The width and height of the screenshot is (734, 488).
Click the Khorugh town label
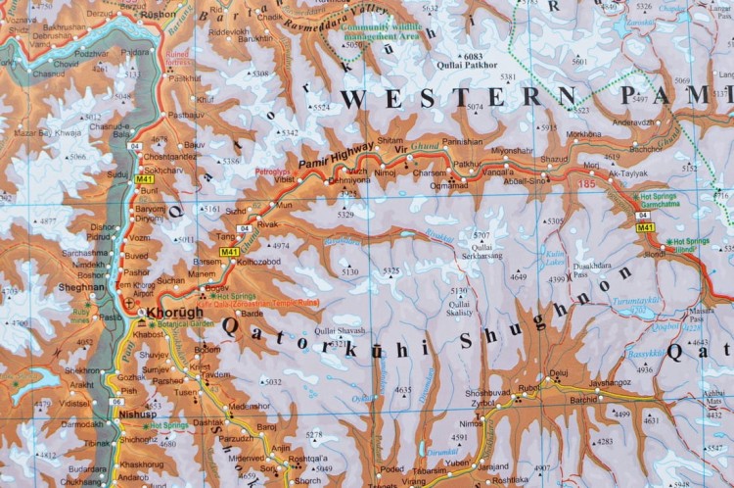click(x=175, y=314)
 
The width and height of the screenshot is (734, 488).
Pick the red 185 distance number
click(x=586, y=183)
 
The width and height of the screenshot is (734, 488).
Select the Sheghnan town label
click(x=82, y=287)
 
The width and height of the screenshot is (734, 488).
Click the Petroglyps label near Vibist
click(x=273, y=171)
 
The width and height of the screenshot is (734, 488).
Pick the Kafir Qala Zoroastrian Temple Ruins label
click(x=251, y=303)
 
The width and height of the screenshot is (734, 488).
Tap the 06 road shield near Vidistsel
click(x=116, y=402)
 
